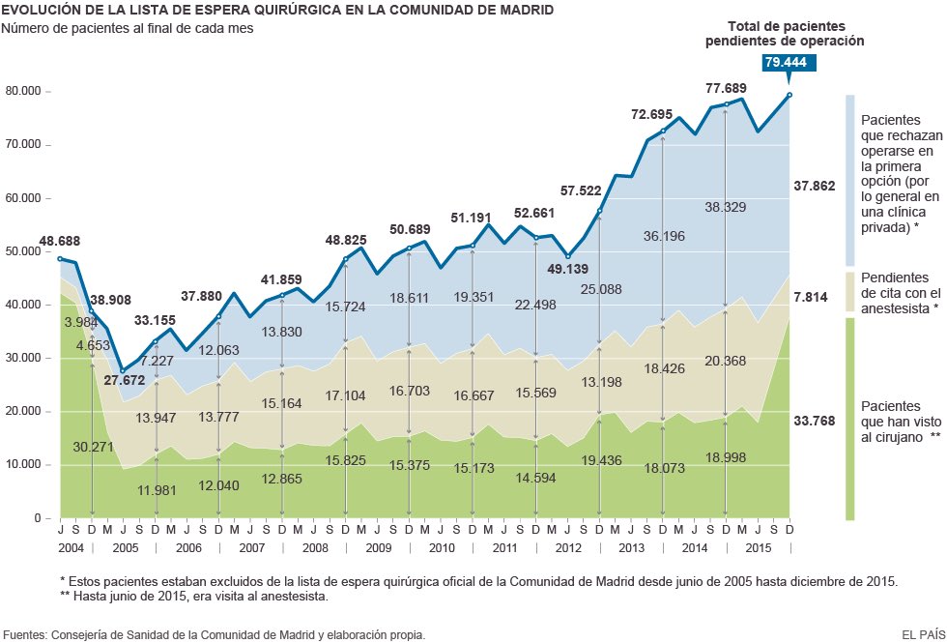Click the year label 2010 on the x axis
(441, 548)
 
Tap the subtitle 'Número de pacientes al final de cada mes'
(129, 28)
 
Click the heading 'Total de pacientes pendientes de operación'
(785, 33)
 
